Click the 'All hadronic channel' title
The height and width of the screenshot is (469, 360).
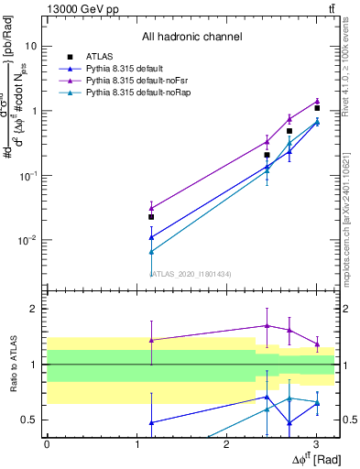(191, 37)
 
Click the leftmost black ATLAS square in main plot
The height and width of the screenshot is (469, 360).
(151, 217)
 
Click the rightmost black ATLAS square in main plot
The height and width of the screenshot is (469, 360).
(317, 108)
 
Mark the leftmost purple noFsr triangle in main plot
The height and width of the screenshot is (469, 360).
(151, 208)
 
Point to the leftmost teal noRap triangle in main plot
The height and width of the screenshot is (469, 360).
(151, 251)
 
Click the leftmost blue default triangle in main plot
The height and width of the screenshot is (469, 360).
(151, 237)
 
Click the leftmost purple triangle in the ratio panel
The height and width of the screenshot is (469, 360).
(151, 340)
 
